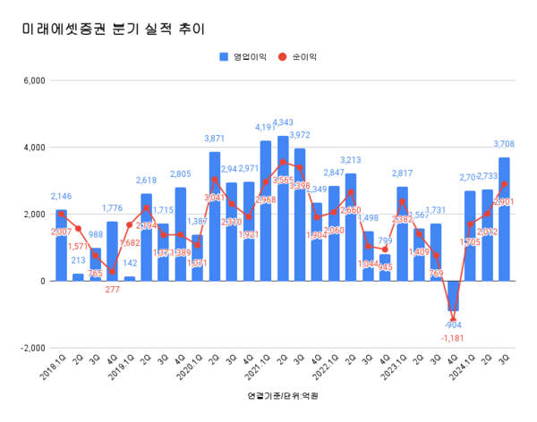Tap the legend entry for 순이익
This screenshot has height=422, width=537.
point(299,56)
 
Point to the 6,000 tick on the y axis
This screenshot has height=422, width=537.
point(32,80)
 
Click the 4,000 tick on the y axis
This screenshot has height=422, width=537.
point(32,148)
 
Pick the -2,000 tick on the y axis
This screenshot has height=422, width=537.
point(30,348)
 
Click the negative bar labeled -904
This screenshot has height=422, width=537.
point(453,296)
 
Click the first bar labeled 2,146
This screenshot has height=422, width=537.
point(61,245)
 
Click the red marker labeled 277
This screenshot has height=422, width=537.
point(112,272)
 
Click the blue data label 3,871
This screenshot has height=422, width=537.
point(214,139)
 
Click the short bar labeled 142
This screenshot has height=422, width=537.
point(129,278)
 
